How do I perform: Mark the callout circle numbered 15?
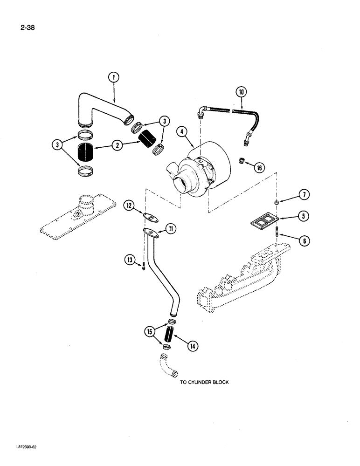[x=150, y=332]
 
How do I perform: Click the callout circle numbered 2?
[x=117, y=146]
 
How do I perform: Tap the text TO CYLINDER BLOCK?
[x=205, y=382]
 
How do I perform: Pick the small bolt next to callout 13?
[x=144, y=266]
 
